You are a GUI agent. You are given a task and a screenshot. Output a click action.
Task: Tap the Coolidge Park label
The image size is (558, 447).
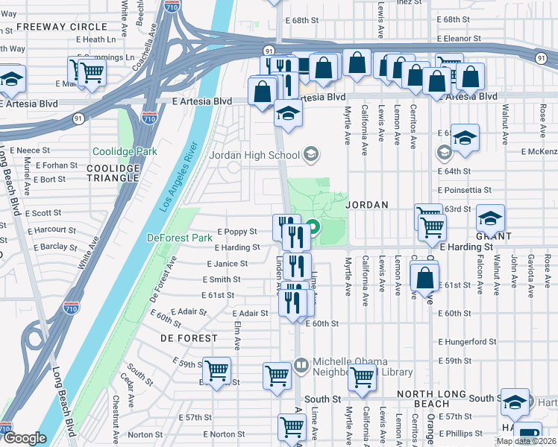point(125,151)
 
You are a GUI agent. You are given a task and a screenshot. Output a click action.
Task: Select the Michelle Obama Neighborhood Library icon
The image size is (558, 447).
point(301,366)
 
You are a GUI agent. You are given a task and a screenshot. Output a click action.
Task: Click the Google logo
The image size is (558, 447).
point(25,438)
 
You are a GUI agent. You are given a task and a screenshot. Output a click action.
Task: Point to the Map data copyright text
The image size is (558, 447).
point(526,441)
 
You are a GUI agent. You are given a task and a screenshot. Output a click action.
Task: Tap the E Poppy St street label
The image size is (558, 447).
point(236,232)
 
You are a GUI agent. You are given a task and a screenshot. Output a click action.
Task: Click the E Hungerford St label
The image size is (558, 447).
point(467,342)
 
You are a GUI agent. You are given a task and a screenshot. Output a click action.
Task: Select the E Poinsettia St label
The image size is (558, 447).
point(465,190)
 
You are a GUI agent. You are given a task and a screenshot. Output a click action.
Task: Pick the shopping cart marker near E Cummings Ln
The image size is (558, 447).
point(92,72)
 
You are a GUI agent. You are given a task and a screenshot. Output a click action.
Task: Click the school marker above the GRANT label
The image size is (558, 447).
point(490,218)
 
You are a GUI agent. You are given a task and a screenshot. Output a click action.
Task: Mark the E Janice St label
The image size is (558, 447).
point(228,264)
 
